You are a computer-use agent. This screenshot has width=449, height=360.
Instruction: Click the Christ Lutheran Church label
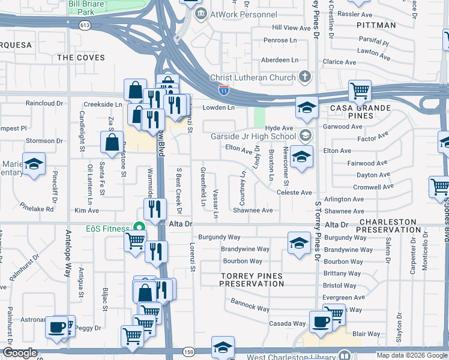[253, 77]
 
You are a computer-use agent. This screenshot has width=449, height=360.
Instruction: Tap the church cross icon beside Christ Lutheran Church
[305, 77]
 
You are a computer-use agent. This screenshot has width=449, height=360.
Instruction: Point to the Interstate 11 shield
[223, 89]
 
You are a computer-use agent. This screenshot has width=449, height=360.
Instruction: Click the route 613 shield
[85, 25]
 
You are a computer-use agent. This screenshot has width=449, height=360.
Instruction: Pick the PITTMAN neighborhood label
[376, 25]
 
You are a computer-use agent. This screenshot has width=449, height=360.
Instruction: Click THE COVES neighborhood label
[81, 58]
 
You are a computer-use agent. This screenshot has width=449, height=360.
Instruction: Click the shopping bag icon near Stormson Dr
[112, 143]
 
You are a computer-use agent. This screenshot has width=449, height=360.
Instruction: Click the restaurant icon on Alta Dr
[155, 209]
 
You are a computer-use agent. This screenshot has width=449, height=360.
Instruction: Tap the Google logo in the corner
[20, 353]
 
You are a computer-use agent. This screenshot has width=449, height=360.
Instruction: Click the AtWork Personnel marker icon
[201, 13]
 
